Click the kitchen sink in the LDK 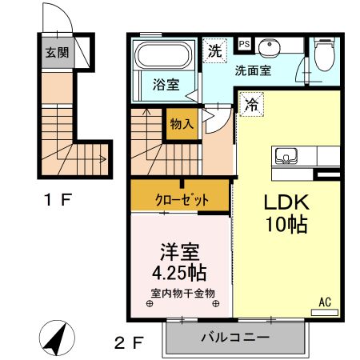coord(286,155)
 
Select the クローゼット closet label coord(181,199)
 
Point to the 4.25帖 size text coord(181,272)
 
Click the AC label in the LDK coord(325,302)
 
